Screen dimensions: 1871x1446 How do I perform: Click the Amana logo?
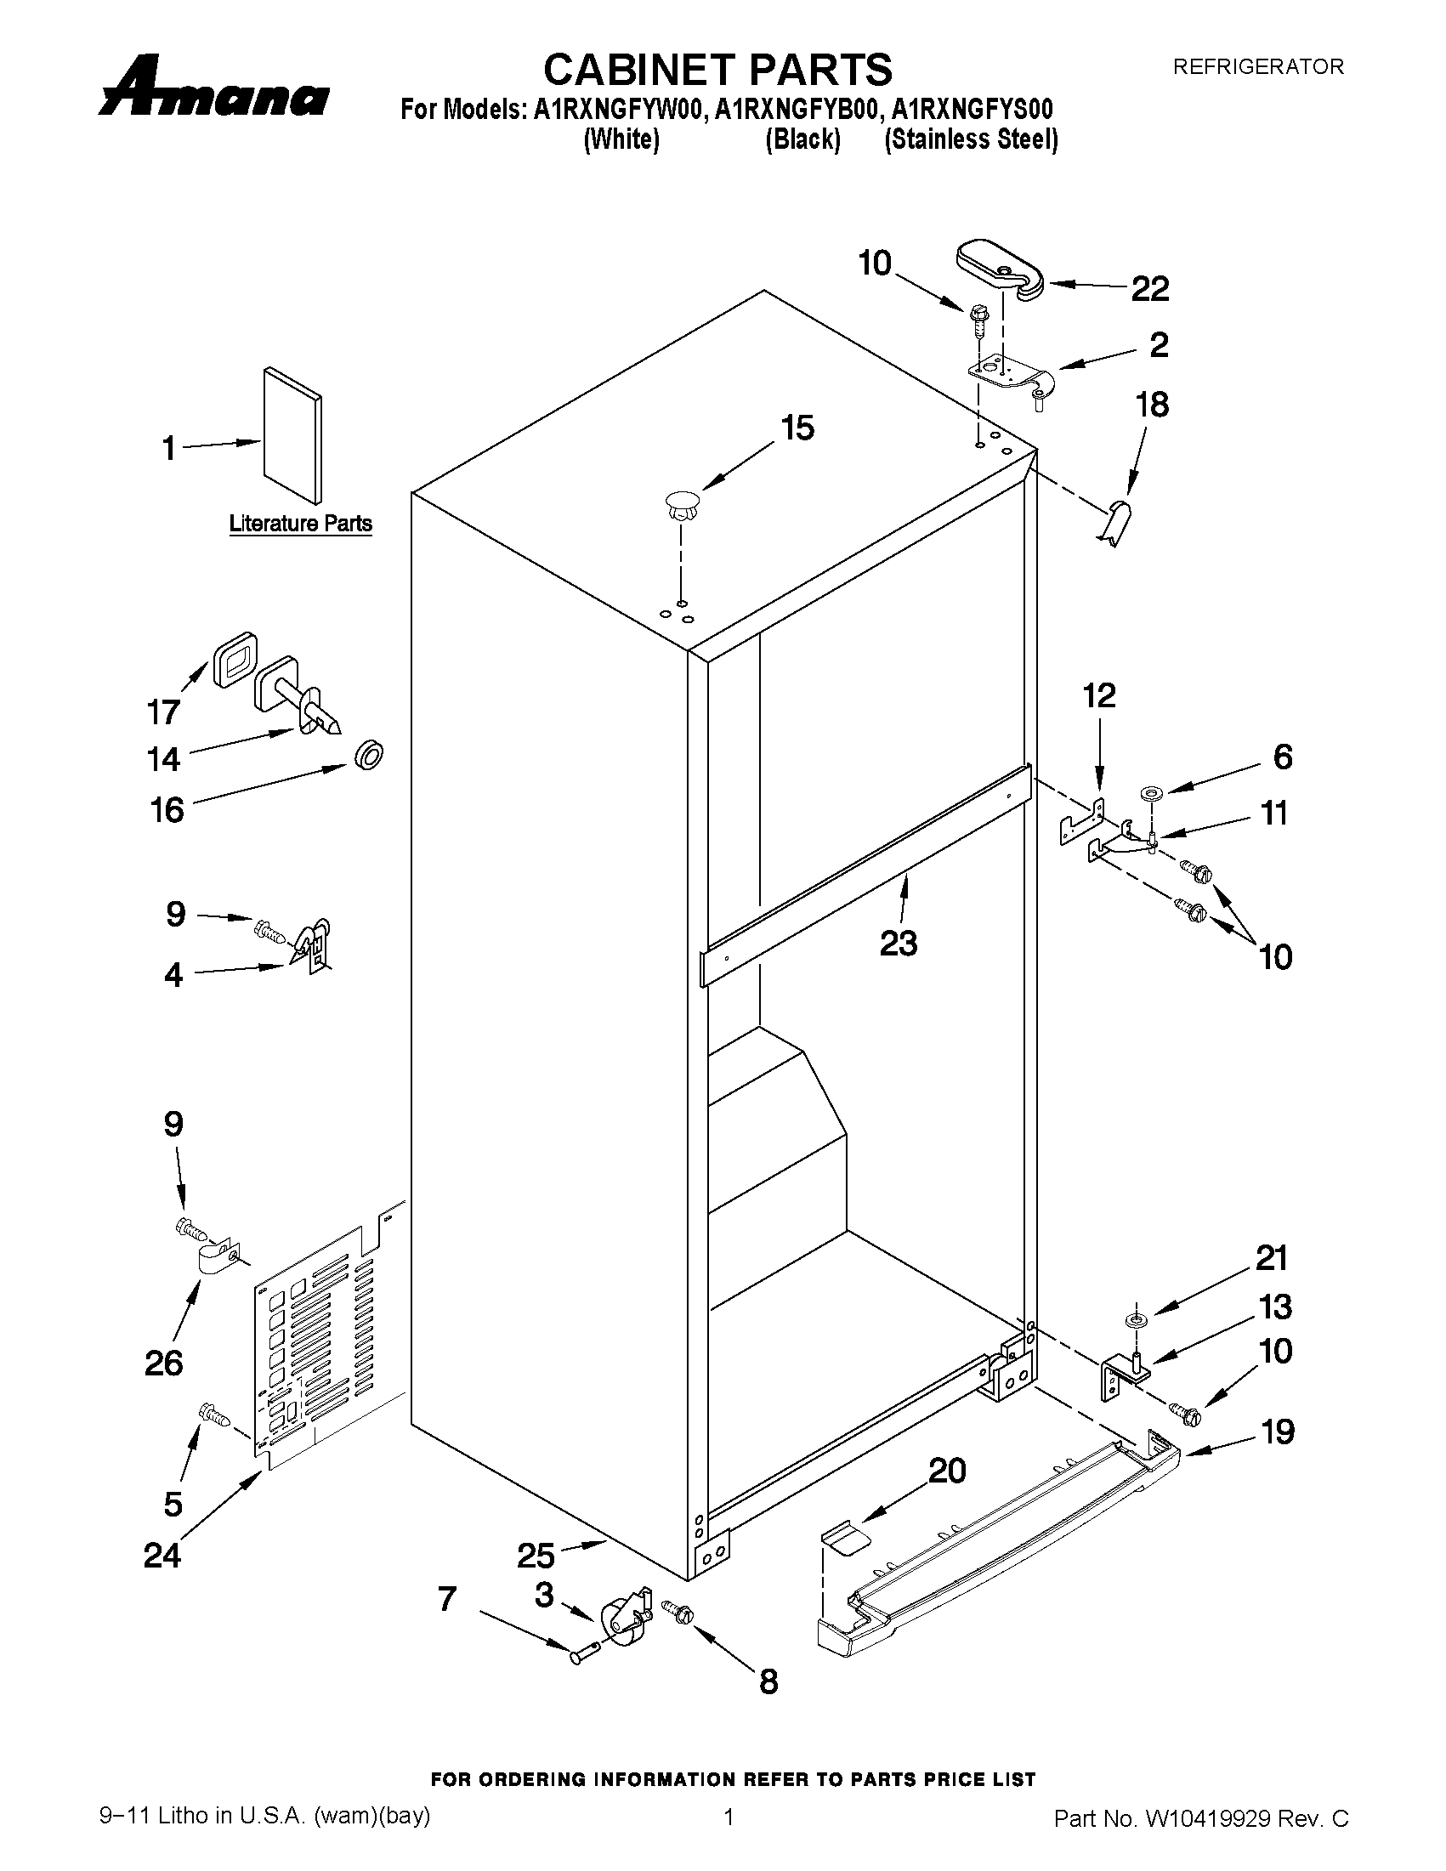click(x=214, y=88)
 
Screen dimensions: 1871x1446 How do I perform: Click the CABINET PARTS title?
click(x=717, y=69)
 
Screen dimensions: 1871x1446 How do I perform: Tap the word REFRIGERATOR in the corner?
click(x=1257, y=66)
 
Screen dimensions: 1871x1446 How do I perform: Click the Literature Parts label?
click(x=301, y=523)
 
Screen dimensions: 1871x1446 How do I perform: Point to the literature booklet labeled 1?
click(x=293, y=435)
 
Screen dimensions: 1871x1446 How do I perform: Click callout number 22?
click(x=1149, y=289)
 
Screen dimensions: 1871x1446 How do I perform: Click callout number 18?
click(x=1152, y=405)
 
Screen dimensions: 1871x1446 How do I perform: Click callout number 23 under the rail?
click(x=899, y=944)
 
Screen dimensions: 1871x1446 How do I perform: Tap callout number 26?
click(x=163, y=1362)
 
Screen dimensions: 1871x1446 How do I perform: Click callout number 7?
click(x=447, y=1598)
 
